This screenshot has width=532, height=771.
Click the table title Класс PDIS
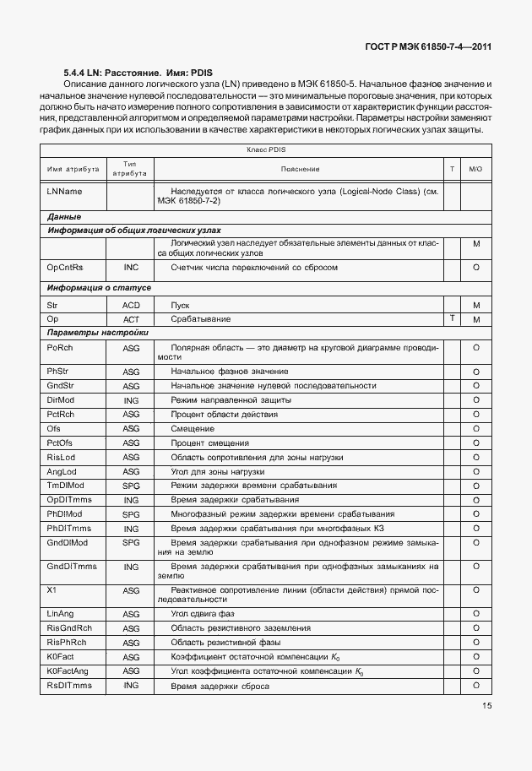[x=266, y=149]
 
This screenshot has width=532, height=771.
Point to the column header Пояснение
[x=301, y=169]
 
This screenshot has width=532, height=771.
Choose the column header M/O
[x=475, y=169]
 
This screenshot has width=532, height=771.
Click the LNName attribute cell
[x=65, y=192]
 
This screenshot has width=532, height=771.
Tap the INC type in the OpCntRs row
[x=131, y=267]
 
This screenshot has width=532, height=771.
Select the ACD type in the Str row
[x=131, y=304]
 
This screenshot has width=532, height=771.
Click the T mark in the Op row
[x=453, y=318]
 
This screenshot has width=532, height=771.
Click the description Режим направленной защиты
[x=231, y=399]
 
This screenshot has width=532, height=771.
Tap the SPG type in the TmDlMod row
[x=131, y=486]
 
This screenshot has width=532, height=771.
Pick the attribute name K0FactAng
[x=69, y=671]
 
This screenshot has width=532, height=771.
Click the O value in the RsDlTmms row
[x=475, y=685]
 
